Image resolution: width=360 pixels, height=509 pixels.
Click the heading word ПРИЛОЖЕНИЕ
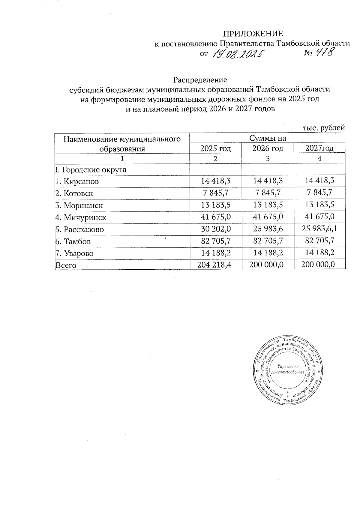[x=253, y=33]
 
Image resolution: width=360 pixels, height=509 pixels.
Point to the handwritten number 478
[x=323, y=53]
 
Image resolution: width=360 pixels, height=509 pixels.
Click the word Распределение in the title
[x=200, y=80]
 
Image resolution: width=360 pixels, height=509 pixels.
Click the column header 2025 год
[x=215, y=148]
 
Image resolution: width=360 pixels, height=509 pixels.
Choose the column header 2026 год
[x=268, y=148]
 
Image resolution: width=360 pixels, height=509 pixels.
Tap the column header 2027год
[x=319, y=148]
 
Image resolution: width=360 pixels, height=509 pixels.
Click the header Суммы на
[x=268, y=138]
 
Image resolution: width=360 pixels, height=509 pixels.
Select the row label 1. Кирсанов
[x=77, y=181]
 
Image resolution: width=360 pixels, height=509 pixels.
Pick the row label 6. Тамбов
[x=73, y=241]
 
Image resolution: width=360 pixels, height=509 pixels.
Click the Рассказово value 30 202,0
[x=216, y=229]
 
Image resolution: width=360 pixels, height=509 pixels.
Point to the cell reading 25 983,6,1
[x=319, y=229]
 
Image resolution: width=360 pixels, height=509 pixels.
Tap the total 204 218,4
[x=216, y=265]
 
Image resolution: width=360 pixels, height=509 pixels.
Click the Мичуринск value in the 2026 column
[x=268, y=217]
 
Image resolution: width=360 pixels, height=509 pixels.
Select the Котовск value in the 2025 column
[x=216, y=193]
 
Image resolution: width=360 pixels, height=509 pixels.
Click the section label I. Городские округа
[x=91, y=170]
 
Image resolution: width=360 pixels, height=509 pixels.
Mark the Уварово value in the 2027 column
[x=319, y=253]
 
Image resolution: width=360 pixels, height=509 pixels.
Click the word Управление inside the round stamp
[x=288, y=367]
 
